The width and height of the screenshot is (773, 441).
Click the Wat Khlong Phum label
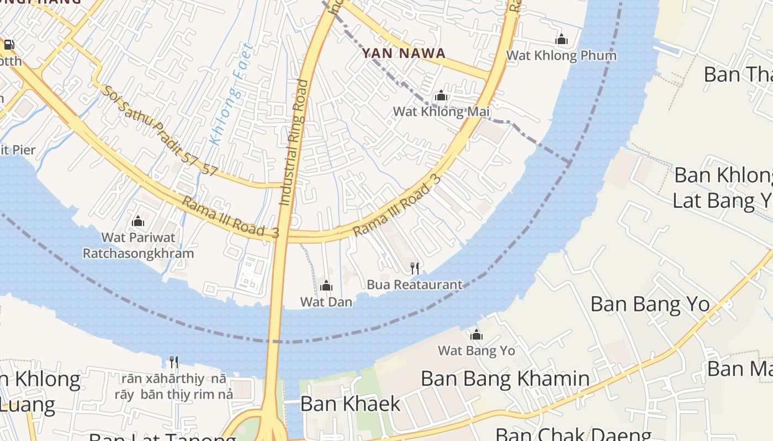[561, 55]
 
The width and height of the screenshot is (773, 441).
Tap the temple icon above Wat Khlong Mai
[441, 96]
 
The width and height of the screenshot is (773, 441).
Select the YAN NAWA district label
[403, 53]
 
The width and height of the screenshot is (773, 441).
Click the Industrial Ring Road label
[294, 142]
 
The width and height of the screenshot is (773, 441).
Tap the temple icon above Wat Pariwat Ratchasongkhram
[138, 221]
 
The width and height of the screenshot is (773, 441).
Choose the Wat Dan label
[326, 302]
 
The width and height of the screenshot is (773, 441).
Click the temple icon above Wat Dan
[326, 286]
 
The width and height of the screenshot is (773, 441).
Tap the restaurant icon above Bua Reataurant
[415, 268]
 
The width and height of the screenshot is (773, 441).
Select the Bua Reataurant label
[415, 285]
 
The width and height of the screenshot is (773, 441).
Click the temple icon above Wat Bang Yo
[476, 335]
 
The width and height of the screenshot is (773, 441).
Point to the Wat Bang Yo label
[476, 351]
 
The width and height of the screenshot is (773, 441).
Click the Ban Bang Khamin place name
[505, 379]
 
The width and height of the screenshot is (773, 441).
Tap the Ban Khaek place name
[350, 404]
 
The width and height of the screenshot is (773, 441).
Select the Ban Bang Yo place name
[650, 304]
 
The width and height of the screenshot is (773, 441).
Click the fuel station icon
[9, 45]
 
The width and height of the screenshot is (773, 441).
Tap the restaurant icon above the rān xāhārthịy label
[174, 362]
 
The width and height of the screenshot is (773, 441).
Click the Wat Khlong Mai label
[441, 112]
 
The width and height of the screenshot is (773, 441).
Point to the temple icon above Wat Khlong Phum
[562, 39]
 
